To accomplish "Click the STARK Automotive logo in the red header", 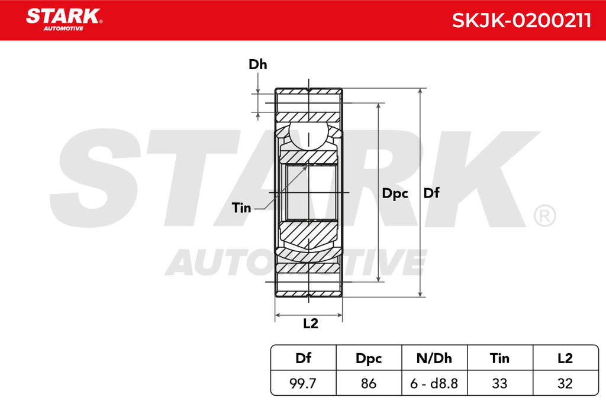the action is (64, 20).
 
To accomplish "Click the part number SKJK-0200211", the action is (521, 21).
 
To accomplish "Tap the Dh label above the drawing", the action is (258, 64).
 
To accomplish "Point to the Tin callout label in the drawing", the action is (241, 208).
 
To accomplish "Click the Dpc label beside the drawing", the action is (395, 193).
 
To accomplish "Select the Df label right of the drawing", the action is (431, 193).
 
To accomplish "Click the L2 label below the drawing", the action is (310, 324).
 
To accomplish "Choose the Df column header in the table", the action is (303, 358).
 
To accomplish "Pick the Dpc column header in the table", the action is (369, 358).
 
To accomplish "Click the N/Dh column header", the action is (434, 358).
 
